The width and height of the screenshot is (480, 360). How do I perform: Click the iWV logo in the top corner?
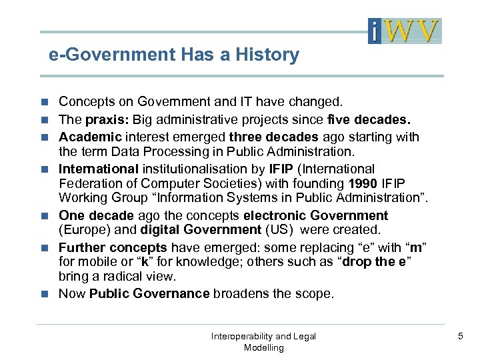[x=405, y=31]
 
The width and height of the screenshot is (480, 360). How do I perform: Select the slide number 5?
[x=459, y=336]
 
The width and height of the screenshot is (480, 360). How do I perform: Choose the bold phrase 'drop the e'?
[x=377, y=261]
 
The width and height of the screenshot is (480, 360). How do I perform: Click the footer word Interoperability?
[x=242, y=337]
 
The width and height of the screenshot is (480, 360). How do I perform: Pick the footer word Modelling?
[x=264, y=347]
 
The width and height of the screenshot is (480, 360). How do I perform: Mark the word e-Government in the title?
[x=101, y=55]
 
